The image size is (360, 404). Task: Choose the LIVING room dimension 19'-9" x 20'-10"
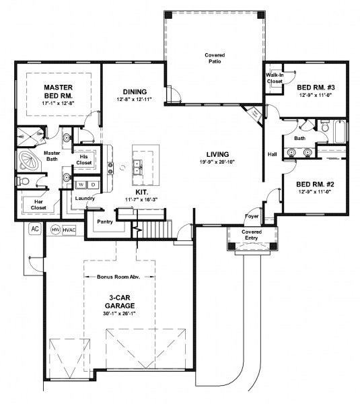click(217, 162)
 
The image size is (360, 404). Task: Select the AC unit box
click(34, 229)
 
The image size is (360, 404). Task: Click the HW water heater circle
click(56, 230)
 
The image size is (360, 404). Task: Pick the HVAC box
click(70, 230)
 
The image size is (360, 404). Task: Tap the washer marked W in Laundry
click(81, 184)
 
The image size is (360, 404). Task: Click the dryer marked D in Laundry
click(93, 184)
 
